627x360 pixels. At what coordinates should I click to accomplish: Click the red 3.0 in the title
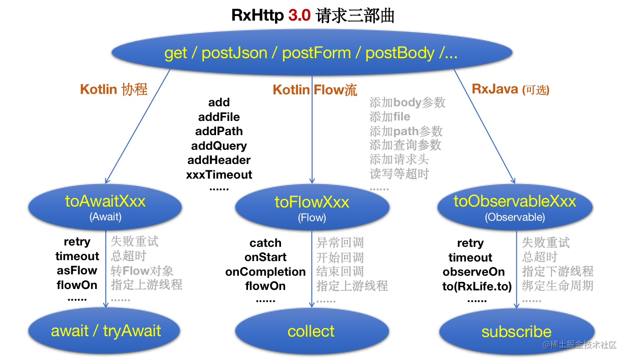pyautogui.click(x=299, y=16)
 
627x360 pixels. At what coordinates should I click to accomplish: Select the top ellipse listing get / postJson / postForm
pyautogui.click(x=311, y=53)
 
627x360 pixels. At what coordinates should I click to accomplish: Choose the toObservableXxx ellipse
pyautogui.click(x=515, y=207)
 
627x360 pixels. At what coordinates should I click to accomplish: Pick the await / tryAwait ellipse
pyautogui.click(x=105, y=331)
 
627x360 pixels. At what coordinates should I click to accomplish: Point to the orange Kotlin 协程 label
pyautogui.click(x=114, y=89)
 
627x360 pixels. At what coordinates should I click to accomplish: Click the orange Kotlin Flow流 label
pyautogui.click(x=315, y=90)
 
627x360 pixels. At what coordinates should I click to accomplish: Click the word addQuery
pyautogui.click(x=219, y=146)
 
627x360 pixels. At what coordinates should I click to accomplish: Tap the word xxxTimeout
pyautogui.click(x=219, y=175)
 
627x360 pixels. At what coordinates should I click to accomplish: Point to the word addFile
pyautogui.click(x=219, y=117)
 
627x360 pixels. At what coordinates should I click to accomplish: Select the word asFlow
pyautogui.click(x=77, y=270)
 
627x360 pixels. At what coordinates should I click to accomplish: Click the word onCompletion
pyautogui.click(x=265, y=272)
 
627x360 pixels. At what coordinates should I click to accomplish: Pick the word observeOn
pyautogui.click(x=474, y=272)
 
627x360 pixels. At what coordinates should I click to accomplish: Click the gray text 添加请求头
pyautogui.click(x=400, y=160)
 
